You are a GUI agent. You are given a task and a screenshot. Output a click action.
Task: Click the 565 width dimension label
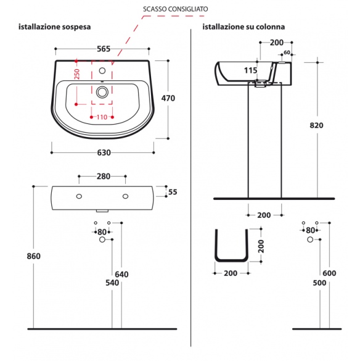click(104, 49)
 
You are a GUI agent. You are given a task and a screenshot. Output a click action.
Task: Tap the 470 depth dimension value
click(168, 98)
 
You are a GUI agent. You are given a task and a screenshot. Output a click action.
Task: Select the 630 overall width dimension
click(104, 152)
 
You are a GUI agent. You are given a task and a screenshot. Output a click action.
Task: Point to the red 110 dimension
click(102, 117)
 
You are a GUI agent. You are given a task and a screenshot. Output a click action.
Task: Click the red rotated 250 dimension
click(77, 74)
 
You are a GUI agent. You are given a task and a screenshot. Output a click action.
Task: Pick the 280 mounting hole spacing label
click(104, 176)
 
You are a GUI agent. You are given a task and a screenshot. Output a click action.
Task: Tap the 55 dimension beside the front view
click(173, 192)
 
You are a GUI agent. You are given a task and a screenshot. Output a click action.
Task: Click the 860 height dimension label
click(33, 256)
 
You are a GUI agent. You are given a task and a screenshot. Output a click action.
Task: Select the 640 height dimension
click(121, 275)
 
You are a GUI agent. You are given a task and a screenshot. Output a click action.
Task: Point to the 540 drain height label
click(112, 283)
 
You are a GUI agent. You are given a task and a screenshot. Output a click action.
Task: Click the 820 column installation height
click(316, 125)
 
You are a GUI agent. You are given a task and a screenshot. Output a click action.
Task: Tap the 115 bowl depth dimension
click(251, 70)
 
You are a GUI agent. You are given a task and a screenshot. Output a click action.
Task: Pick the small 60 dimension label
click(287, 52)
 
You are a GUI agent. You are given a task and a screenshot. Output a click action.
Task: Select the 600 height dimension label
click(329, 273)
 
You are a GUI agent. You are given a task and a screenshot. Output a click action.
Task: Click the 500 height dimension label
click(319, 283)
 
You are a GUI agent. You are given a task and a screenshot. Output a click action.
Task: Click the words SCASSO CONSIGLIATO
click(176, 9)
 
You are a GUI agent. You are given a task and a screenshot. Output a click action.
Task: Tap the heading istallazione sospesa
click(54, 27)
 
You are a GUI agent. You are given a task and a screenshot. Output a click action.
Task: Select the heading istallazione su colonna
click(243, 27)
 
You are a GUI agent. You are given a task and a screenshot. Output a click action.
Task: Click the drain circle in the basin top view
click(102, 92)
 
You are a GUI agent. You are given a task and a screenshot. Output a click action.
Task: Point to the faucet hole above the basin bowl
click(102, 71)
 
